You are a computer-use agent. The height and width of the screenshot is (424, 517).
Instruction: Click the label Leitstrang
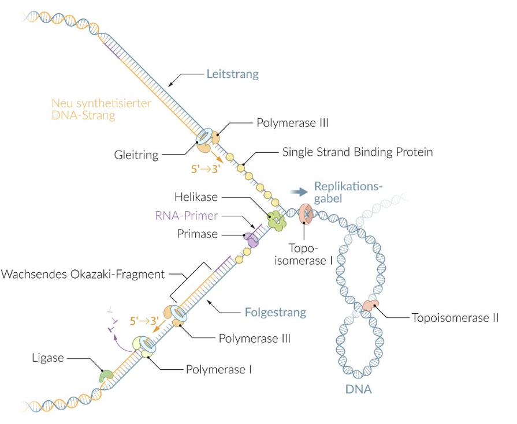(x=232, y=74)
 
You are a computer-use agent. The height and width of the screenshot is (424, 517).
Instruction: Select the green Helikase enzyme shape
(x=275, y=220)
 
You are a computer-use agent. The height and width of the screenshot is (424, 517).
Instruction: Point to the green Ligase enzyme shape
(x=106, y=376)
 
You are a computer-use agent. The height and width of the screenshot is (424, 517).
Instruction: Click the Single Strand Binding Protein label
(x=358, y=153)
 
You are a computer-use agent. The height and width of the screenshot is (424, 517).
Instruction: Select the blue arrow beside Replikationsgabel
(x=299, y=192)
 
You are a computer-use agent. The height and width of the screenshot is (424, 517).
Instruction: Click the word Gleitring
(x=136, y=155)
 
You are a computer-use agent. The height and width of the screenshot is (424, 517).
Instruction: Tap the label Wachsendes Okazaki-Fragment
(x=83, y=274)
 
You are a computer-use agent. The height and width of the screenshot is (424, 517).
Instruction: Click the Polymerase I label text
(x=218, y=369)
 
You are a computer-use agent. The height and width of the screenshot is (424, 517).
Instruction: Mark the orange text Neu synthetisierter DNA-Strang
(x=101, y=110)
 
